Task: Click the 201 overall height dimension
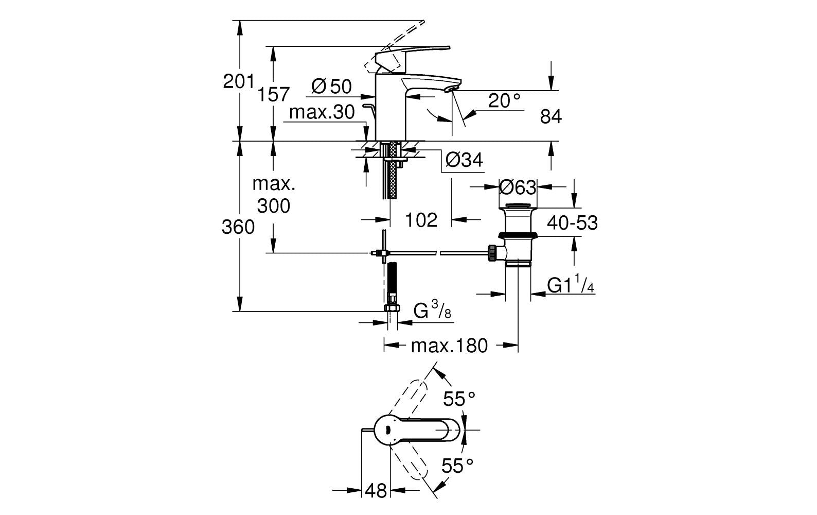click(x=239, y=81)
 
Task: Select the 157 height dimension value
click(x=274, y=95)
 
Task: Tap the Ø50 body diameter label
click(x=331, y=87)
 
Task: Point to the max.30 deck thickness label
click(x=322, y=112)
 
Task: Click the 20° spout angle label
click(x=504, y=101)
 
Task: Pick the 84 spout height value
click(x=550, y=117)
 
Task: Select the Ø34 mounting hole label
click(x=464, y=160)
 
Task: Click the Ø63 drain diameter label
click(x=518, y=187)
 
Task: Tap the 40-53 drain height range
click(x=572, y=223)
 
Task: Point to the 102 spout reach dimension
click(x=421, y=220)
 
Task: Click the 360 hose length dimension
click(x=238, y=228)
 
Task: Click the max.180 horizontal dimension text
click(x=449, y=346)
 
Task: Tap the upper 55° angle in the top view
click(x=459, y=399)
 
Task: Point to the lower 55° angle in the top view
click(x=457, y=466)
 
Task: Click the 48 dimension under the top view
click(x=376, y=491)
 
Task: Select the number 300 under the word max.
click(x=274, y=206)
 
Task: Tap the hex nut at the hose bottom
click(x=392, y=308)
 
